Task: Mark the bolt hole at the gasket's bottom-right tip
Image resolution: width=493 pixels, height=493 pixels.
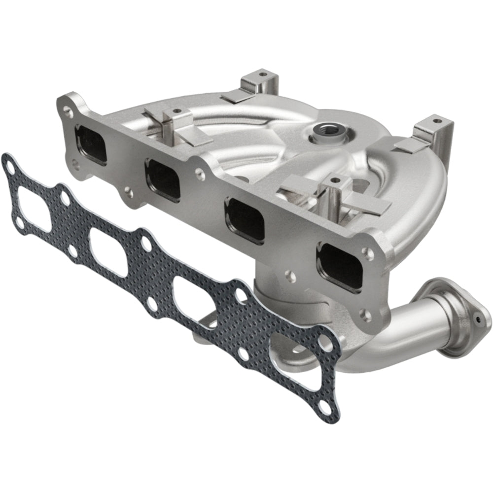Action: coord(325,408)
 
